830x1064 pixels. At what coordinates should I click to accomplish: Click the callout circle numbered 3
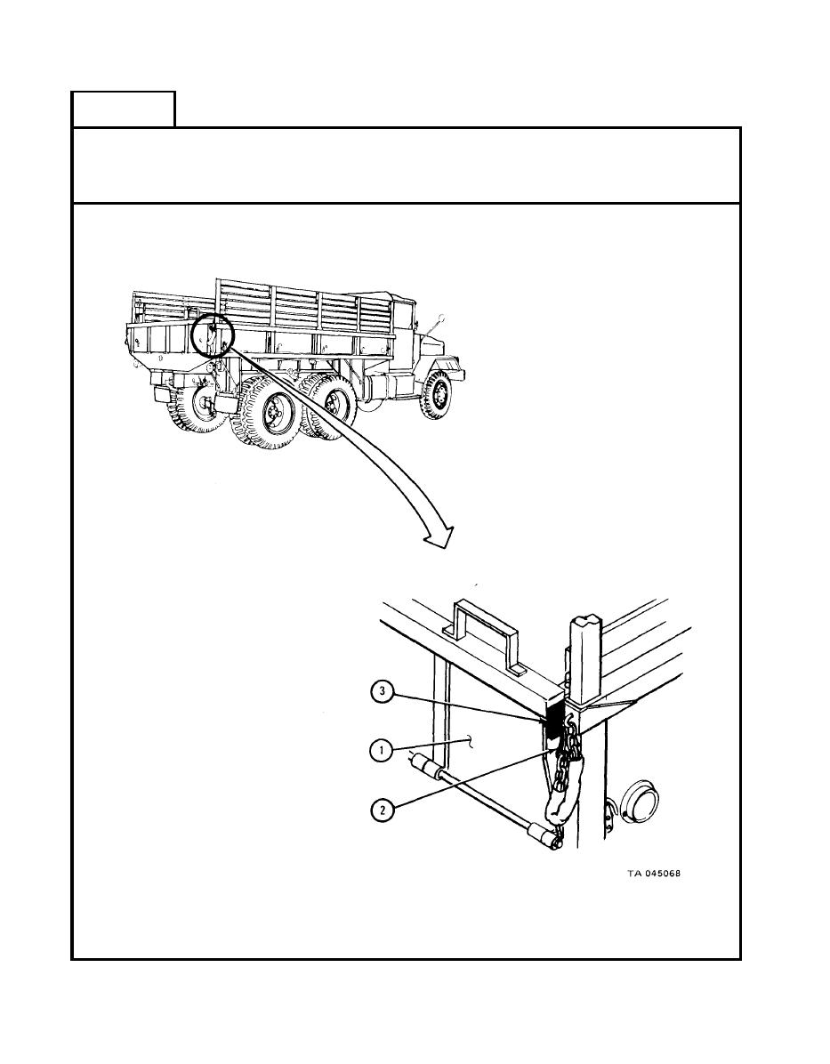click(383, 692)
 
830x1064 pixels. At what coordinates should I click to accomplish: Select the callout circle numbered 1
click(383, 751)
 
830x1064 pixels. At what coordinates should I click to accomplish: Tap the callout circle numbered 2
click(383, 810)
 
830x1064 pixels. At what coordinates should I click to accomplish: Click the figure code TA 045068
click(653, 874)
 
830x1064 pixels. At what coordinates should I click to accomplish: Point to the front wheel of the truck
click(435, 395)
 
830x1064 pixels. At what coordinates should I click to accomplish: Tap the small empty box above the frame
click(124, 109)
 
